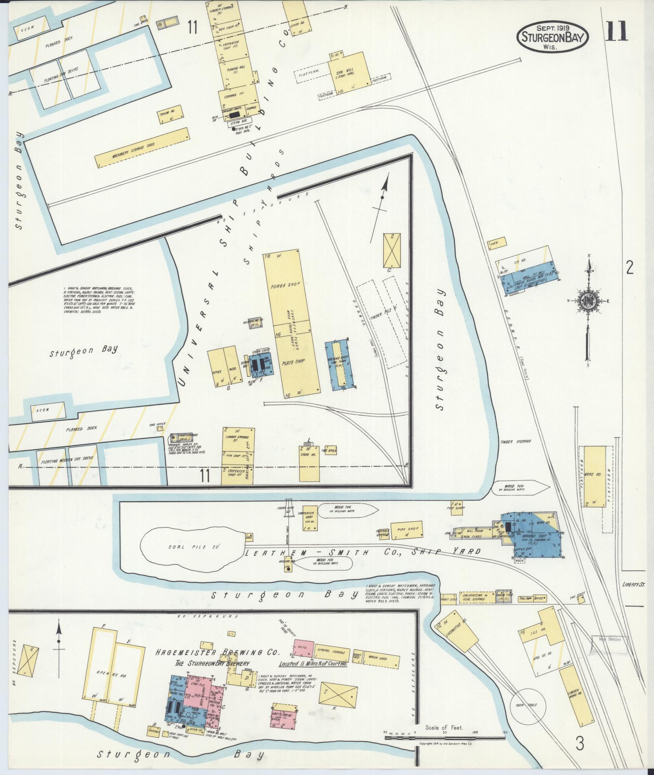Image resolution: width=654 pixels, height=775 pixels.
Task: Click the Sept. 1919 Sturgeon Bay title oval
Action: pyautogui.click(x=552, y=36)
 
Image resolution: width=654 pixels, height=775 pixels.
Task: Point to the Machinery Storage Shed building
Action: pyautogui.click(x=142, y=148)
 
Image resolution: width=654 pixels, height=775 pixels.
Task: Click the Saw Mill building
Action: pyautogui.click(x=348, y=73)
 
